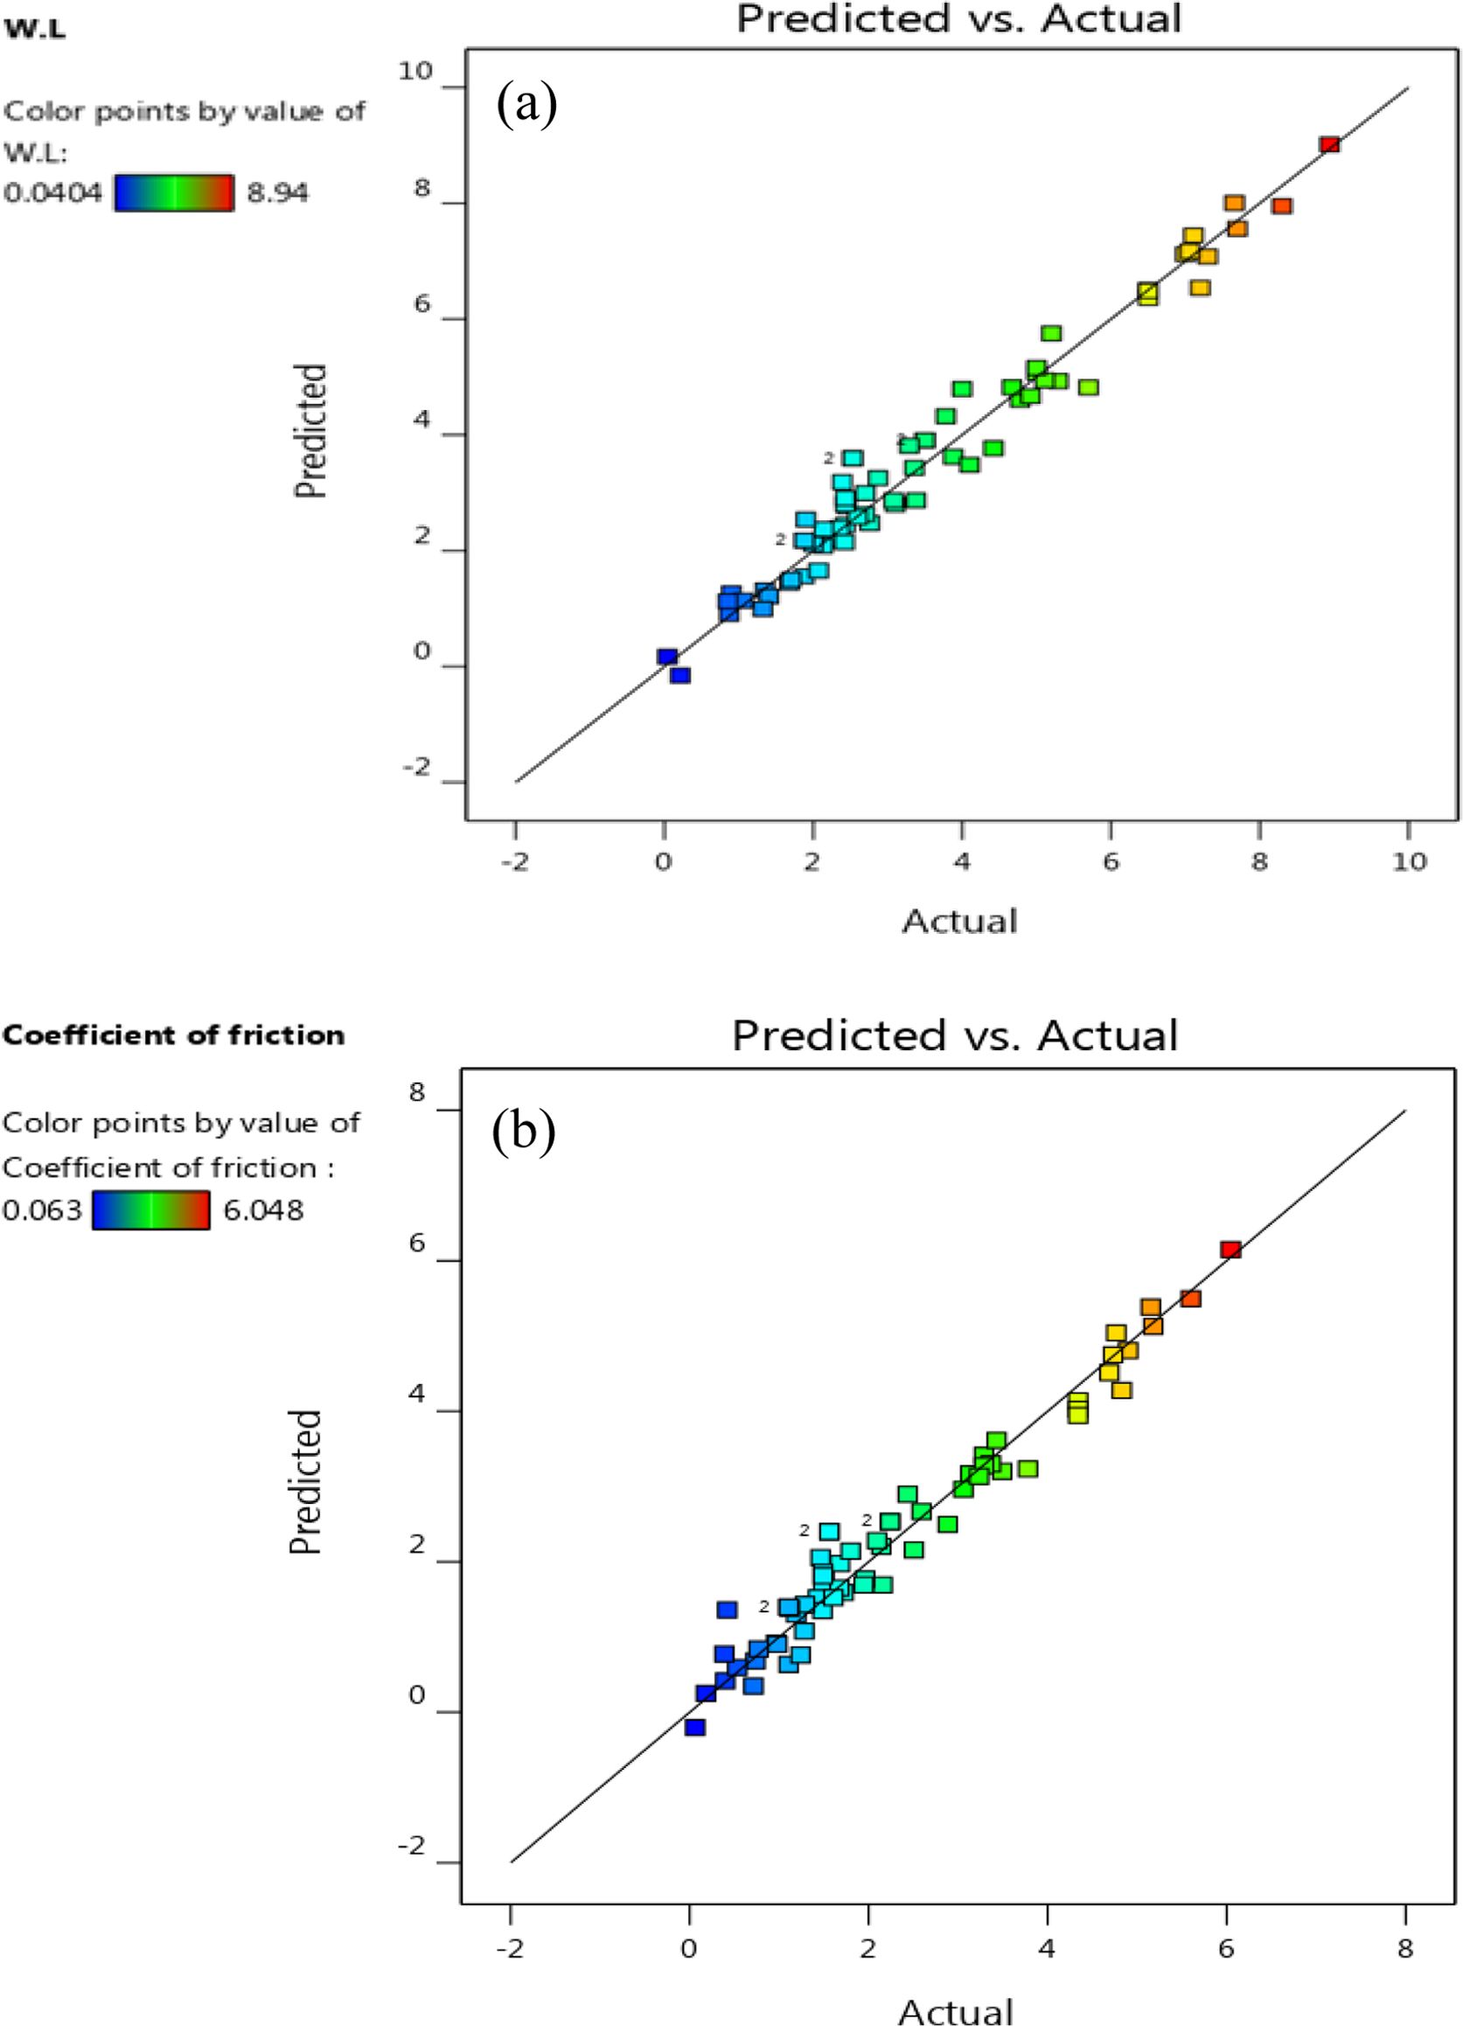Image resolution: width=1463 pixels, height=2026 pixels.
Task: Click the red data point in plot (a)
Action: (1329, 145)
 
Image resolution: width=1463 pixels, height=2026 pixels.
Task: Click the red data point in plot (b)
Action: (1230, 1250)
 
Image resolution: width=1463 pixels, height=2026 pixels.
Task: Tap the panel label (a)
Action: (526, 105)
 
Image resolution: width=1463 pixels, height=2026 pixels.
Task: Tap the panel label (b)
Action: (524, 1130)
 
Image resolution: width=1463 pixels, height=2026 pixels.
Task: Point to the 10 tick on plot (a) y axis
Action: (415, 73)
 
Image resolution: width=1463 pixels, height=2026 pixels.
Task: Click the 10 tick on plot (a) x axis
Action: (1409, 862)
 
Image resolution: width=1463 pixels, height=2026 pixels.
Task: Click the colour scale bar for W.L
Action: (174, 192)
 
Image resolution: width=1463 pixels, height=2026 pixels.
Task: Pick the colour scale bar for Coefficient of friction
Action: (151, 1210)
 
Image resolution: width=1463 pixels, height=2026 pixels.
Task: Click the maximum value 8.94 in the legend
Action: (277, 193)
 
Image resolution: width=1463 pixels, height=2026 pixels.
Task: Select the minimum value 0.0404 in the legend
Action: (52, 193)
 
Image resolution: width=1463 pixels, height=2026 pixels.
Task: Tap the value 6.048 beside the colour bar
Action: (263, 1210)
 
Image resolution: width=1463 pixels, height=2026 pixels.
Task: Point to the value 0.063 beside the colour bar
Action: (42, 1210)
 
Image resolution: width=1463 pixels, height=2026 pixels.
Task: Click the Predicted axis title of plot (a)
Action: (311, 430)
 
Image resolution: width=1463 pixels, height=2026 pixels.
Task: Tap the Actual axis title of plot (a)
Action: (959, 921)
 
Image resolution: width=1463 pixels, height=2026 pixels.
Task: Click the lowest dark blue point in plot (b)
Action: (695, 1728)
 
